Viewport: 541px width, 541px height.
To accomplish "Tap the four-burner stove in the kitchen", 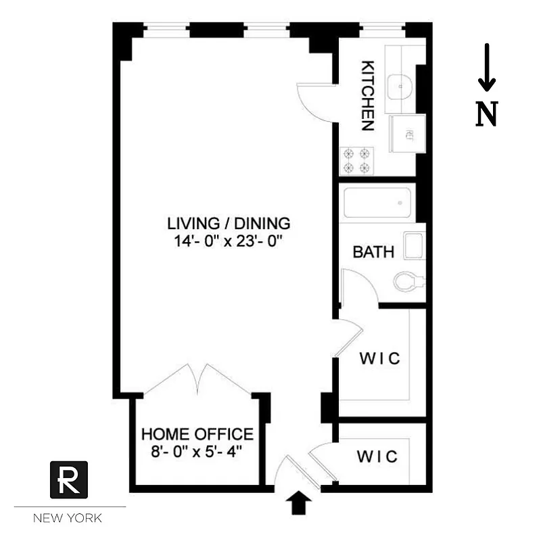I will pos(357,160).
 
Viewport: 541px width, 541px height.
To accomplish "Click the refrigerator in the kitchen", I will pos(408,134).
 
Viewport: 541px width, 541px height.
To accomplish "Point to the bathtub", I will pos(376,202).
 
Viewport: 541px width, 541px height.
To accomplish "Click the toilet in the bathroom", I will pos(408,280).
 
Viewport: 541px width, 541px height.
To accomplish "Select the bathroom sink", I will pos(413,245).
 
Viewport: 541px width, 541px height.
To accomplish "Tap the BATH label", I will pos(373,252).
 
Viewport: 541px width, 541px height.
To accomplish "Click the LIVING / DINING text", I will pos(229,223).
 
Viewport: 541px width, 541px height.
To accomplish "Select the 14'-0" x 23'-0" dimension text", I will pos(229,241).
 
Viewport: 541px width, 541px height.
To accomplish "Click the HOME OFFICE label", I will pos(197,434).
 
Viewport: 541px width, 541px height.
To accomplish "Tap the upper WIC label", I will pos(379,358).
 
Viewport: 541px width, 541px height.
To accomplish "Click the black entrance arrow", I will pos(300,502).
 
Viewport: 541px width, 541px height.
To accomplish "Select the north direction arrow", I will pos(486,68).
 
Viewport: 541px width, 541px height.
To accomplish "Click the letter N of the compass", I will pos(487,114).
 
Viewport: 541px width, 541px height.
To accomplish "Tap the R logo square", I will pos(69,479).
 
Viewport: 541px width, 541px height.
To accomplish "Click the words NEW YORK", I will pos(68,519).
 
